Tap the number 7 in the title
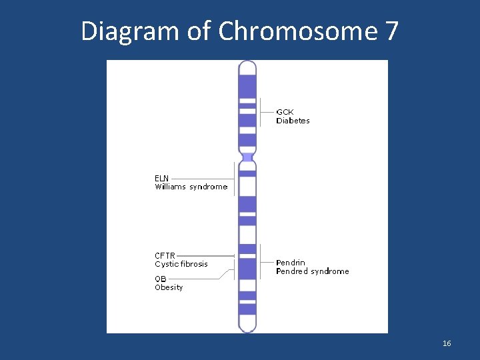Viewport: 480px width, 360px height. (x=392, y=31)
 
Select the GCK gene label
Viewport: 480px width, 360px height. (x=285, y=112)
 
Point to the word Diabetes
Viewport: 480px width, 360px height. (x=293, y=121)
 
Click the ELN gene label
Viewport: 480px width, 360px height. (x=161, y=178)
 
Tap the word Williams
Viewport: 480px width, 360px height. (x=170, y=187)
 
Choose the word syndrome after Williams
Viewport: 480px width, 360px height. (x=208, y=187)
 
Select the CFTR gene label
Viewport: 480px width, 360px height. (x=165, y=255)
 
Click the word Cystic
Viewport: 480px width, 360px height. (x=165, y=264)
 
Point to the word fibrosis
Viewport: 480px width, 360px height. (x=193, y=264)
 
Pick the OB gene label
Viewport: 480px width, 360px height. (x=161, y=279)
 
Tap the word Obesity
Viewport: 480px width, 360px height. (x=169, y=287)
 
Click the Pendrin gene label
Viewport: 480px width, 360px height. (x=291, y=263)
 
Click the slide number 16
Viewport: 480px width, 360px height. (x=447, y=343)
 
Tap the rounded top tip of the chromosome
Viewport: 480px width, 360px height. (x=247, y=65)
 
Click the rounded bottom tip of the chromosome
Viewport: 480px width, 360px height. (x=247, y=328)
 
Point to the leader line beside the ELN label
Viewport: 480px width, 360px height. (x=200, y=178)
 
